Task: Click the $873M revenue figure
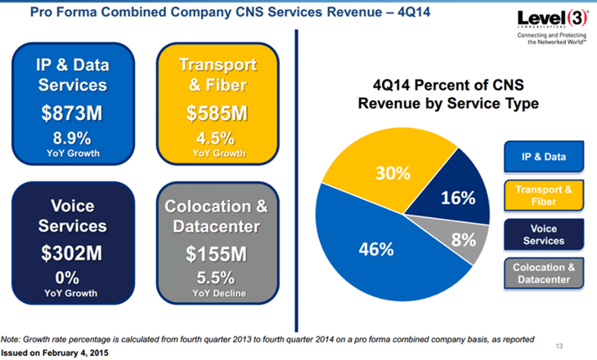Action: [x=72, y=114]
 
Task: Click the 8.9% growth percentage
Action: [x=72, y=138]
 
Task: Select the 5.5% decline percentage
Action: [x=217, y=277]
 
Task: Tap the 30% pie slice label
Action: [x=392, y=174]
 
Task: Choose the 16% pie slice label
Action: [x=458, y=199]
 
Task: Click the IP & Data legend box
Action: [x=543, y=157]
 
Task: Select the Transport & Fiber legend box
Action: [x=543, y=195]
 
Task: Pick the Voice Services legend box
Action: [x=543, y=234]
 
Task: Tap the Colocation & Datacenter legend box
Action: [x=543, y=273]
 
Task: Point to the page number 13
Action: [x=560, y=345]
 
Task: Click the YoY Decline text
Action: [x=217, y=293]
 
